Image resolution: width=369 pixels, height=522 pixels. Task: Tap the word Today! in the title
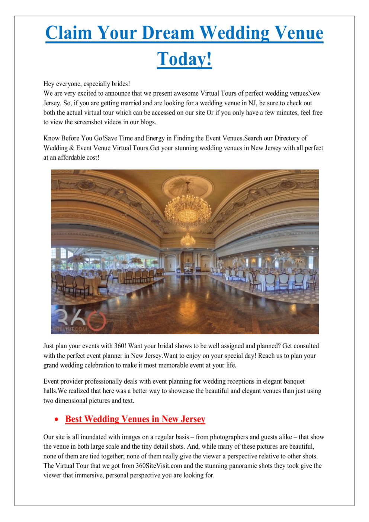point(184,59)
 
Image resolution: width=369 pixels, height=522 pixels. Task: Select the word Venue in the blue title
point(296,33)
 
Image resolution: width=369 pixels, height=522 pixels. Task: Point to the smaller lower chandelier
point(188,239)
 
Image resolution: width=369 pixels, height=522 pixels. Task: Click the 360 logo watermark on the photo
point(78,321)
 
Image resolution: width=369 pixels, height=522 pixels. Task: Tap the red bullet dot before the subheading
point(57,419)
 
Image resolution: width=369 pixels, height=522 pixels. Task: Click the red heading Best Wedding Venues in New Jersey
point(135,419)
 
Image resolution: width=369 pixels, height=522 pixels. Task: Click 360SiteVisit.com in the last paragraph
point(159,466)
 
